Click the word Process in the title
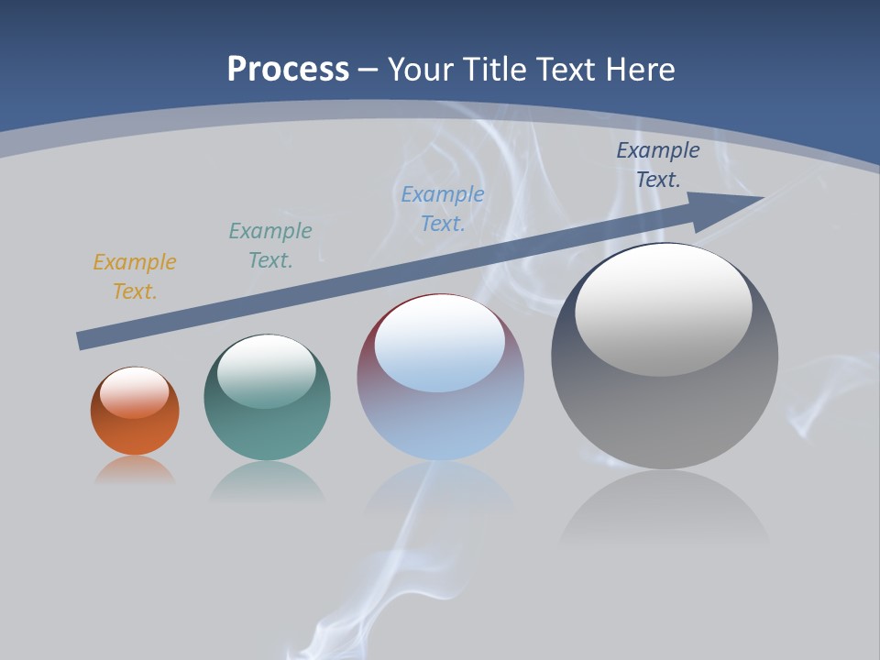click(x=288, y=70)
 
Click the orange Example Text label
click(x=135, y=277)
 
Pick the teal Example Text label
click(x=270, y=246)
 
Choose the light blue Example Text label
click(x=443, y=209)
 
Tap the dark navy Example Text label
click(x=658, y=165)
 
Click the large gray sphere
click(x=665, y=412)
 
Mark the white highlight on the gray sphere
click(x=664, y=307)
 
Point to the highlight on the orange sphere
click(x=135, y=391)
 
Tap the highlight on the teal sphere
click(x=267, y=370)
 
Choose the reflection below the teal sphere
click(x=268, y=480)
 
